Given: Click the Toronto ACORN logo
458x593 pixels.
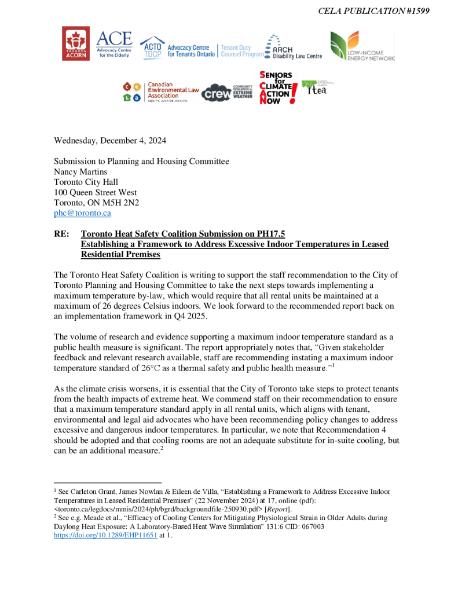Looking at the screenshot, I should [75, 43].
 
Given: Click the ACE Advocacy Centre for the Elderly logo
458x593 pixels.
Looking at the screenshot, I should [113, 44].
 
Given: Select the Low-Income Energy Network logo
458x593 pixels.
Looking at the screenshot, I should [362, 46].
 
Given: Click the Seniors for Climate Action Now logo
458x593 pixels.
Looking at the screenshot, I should [279, 87].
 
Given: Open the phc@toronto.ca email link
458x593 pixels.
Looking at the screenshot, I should [82, 213].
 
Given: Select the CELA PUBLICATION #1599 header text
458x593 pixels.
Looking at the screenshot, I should [373, 11].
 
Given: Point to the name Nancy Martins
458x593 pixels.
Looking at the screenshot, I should [82, 171].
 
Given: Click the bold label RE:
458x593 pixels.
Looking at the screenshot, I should [63, 234].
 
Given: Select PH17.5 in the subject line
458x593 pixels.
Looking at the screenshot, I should [268, 234].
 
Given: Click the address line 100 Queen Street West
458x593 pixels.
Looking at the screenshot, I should [96, 192].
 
